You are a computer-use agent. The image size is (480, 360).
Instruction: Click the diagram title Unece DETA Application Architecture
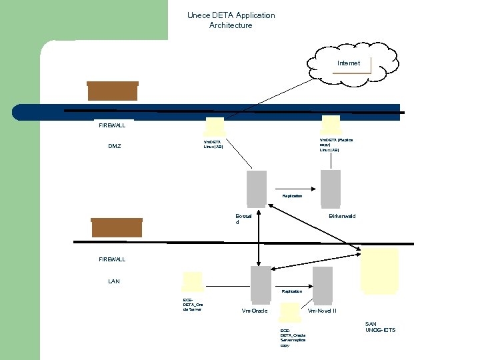tap(231, 20)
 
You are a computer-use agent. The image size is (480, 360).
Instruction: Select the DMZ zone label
tap(115, 146)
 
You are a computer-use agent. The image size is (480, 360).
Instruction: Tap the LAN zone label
tap(114, 281)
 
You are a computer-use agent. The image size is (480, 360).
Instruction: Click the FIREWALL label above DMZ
tap(112, 125)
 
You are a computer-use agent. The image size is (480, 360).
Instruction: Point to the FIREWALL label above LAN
tap(112, 259)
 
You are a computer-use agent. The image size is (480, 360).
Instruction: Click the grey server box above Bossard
tap(257, 187)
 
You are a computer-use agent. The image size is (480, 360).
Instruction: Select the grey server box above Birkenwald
tap(330, 187)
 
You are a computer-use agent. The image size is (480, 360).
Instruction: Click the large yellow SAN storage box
tap(379, 271)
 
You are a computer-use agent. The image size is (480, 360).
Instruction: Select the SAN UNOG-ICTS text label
tap(380, 327)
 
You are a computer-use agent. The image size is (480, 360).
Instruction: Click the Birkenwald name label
tap(342, 216)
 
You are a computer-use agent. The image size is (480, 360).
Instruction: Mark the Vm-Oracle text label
tap(255, 311)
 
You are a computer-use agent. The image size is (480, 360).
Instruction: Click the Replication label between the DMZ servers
tap(292, 196)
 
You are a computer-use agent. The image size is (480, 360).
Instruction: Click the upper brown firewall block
tap(113, 91)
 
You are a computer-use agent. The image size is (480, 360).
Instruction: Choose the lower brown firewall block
tap(117, 227)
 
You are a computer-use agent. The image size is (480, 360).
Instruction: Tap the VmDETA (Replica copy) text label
tap(336, 145)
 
